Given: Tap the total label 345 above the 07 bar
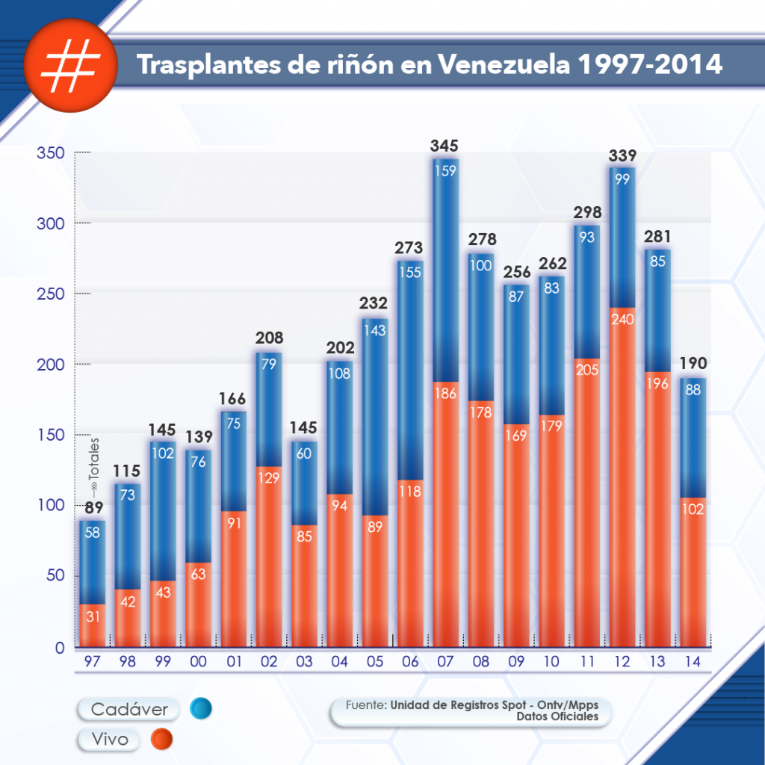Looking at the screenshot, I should coord(445,146).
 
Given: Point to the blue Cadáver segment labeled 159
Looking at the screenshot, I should coord(445,224).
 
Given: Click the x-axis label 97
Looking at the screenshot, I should coord(92,660).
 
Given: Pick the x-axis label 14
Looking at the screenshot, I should coord(693,660).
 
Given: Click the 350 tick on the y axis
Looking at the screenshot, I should coord(51,153).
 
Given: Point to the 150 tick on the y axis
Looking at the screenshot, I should coord(51,436).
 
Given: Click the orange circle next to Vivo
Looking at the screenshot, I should coord(161,740).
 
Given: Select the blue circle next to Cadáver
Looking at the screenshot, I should coord(200,708).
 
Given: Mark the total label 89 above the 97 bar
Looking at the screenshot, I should coord(93,509).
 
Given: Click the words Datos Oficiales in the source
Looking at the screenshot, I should coord(557,716).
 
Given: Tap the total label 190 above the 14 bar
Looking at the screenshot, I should coord(693,365).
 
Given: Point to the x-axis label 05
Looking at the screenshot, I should coord(374,660).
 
